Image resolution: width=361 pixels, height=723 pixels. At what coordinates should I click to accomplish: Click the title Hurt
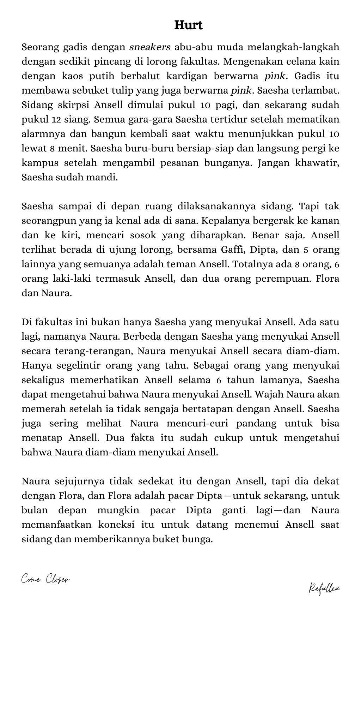(x=189, y=25)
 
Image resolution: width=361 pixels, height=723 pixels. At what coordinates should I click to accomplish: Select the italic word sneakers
(x=150, y=47)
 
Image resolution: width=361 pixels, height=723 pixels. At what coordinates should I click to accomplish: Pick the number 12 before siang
(x=56, y=119)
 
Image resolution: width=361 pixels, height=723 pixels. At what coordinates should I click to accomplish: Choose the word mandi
(x=103, y=178)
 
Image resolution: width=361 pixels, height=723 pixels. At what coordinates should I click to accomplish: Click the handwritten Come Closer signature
(x=45, y=579)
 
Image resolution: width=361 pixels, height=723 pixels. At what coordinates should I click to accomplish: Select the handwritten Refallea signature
(x=324, y=588)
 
